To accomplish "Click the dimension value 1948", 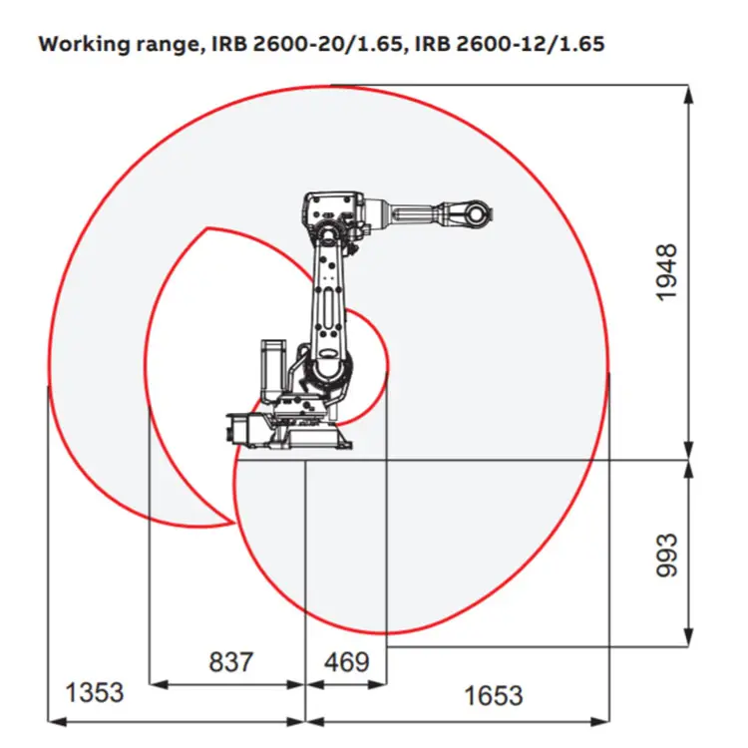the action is pos(667,272).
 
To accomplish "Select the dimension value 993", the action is pos(667,555).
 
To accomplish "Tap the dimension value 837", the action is pos(231,661).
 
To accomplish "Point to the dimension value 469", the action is pos(347,661).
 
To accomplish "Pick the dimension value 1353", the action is pos(94,692).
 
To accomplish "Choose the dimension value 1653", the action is pos(494,695).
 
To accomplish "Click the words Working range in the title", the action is pos(119,44).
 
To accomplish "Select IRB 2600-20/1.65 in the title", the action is pos(306,44).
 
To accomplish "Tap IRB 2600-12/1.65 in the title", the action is pos(510,44).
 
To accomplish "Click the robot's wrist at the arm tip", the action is pos(475,214).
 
